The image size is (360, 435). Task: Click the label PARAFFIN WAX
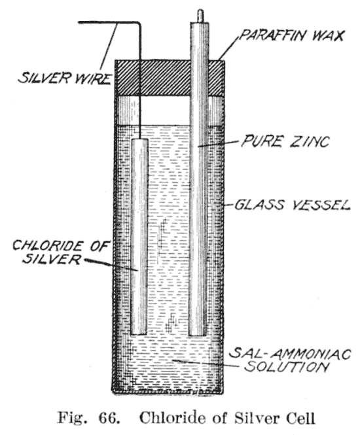(x=291, y=36)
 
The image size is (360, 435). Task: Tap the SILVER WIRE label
(x=65, y=78)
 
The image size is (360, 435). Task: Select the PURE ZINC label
(x=285, y=141)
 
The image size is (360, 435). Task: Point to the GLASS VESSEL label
(x=293, y=205)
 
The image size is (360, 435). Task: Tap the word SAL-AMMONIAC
(x=291, y=354)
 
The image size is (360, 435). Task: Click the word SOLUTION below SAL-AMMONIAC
(x=287, y=367)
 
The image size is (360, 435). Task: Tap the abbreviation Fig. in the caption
(x=71, y=417)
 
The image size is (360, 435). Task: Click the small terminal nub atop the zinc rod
(x=200, y=16)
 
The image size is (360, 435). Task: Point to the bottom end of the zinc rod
(x=198, y=334)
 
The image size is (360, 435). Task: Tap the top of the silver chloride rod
(x=139, y=139)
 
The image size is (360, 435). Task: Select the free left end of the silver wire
(x=79, y=22)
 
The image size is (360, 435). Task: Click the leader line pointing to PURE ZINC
(x=219, y=143)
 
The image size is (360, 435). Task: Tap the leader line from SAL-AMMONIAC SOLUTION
(x=205, y=363)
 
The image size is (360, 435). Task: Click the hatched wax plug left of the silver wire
(x=127, y=78)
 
